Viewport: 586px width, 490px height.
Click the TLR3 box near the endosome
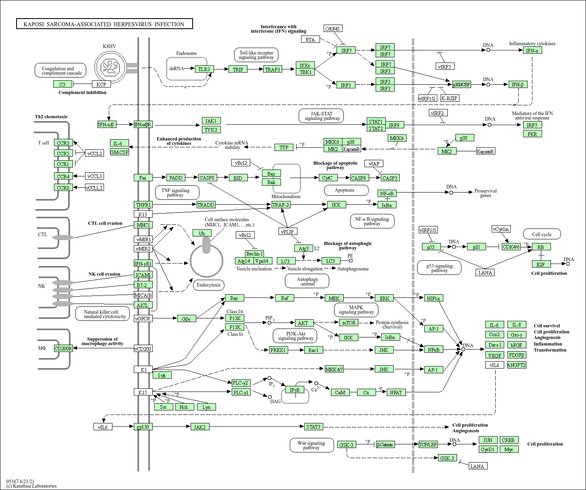204,69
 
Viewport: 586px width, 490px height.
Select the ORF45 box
333,28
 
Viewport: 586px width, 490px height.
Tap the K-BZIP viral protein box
449,98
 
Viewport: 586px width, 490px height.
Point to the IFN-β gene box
517,84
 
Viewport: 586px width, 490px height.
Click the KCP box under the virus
101,84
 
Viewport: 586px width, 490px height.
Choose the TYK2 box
211,130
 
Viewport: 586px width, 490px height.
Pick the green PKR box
532,134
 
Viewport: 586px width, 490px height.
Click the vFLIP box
288,231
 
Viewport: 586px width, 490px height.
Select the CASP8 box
208,178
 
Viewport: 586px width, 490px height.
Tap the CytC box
327,178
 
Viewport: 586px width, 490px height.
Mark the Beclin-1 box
255,253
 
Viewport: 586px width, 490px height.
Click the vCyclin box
501,229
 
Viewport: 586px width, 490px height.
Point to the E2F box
541,264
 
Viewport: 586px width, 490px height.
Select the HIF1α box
434,298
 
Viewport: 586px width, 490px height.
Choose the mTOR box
349,322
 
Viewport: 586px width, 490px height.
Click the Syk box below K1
162,375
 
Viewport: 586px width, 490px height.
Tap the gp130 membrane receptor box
143,427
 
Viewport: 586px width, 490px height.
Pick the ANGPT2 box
516,365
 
